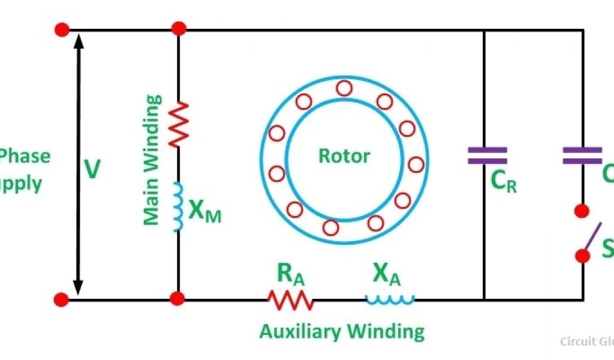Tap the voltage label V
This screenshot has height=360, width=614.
click(91, 170)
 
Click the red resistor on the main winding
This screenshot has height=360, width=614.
click(178, 124)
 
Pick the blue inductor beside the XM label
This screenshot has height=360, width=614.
click(178, 206)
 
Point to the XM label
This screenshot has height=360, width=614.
click(204, 211)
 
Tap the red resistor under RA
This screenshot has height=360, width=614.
click(290, 299)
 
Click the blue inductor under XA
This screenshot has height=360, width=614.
click(390, 298)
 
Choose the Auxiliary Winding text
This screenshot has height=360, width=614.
click(342, 331)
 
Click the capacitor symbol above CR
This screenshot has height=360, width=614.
click(487, 155)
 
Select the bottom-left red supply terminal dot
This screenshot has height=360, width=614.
click(61, 298)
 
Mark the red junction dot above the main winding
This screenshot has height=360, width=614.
click(178, 28)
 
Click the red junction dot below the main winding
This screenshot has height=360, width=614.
click(177, 298)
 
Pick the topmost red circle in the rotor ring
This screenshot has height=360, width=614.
click(344, 89)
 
